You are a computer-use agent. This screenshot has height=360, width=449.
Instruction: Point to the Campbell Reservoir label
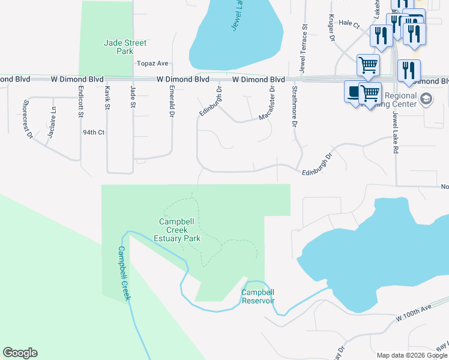pyautogui.click(x=258, y=296)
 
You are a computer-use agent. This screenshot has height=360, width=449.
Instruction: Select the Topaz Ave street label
pyautogui.click(x=152, y=63)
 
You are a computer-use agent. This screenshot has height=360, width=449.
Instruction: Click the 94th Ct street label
pyautogui.click(x=94, y=132)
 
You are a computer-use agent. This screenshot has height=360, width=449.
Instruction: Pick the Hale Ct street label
pyautogui.click(x=349, y=25)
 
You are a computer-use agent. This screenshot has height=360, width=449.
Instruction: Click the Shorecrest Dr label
pyautogui.click(x=28, y=119)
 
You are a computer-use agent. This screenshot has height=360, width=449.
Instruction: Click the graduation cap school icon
pyautogui.click(x=426, y=99)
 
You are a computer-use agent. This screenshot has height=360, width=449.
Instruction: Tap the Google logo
pyautogui.click(x=20, y=353)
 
